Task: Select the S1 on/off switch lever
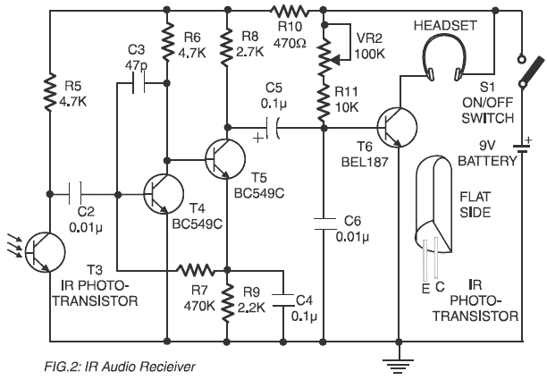pyautogui.click(x=527, y=63)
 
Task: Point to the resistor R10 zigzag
pyautogui.click(x=290, y=11)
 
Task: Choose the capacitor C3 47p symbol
pyautogui.click(x=139, y=84)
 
